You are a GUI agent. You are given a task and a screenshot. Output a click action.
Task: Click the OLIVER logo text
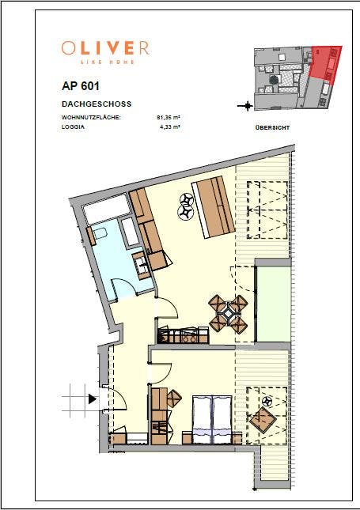[x=105, y=47]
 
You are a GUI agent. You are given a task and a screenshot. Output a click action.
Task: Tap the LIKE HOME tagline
[x=105, y=61]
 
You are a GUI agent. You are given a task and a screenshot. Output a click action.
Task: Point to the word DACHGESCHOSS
[x=96, y=104]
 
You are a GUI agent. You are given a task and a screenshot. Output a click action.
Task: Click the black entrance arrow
[x=93, y=399]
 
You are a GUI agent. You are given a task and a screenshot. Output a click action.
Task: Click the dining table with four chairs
[x=229, y=314]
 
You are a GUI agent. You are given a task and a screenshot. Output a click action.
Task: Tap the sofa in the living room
[x=214, y=206]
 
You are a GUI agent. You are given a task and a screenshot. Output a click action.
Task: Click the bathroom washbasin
[x=142, y=265]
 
